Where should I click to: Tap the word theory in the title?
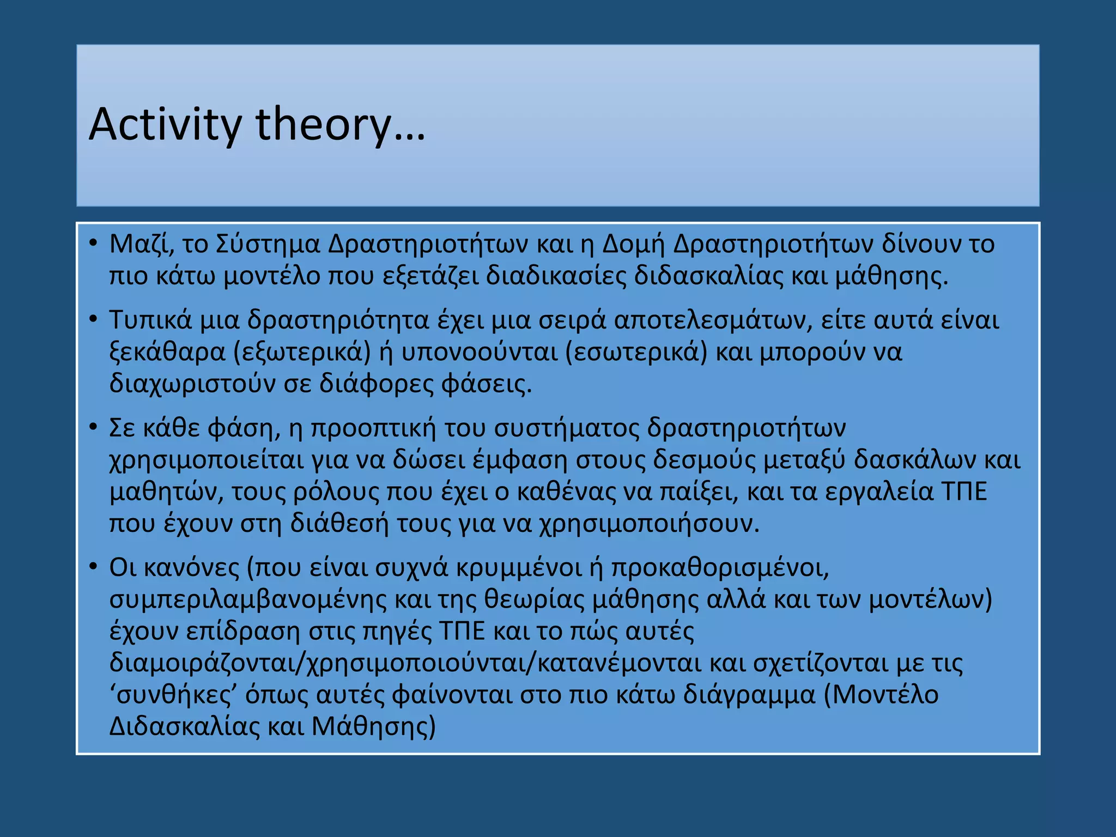323,125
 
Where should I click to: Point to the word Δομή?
634,244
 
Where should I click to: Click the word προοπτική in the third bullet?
373,428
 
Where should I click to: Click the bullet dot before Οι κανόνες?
93,567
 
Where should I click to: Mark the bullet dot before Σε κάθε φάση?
93,427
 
